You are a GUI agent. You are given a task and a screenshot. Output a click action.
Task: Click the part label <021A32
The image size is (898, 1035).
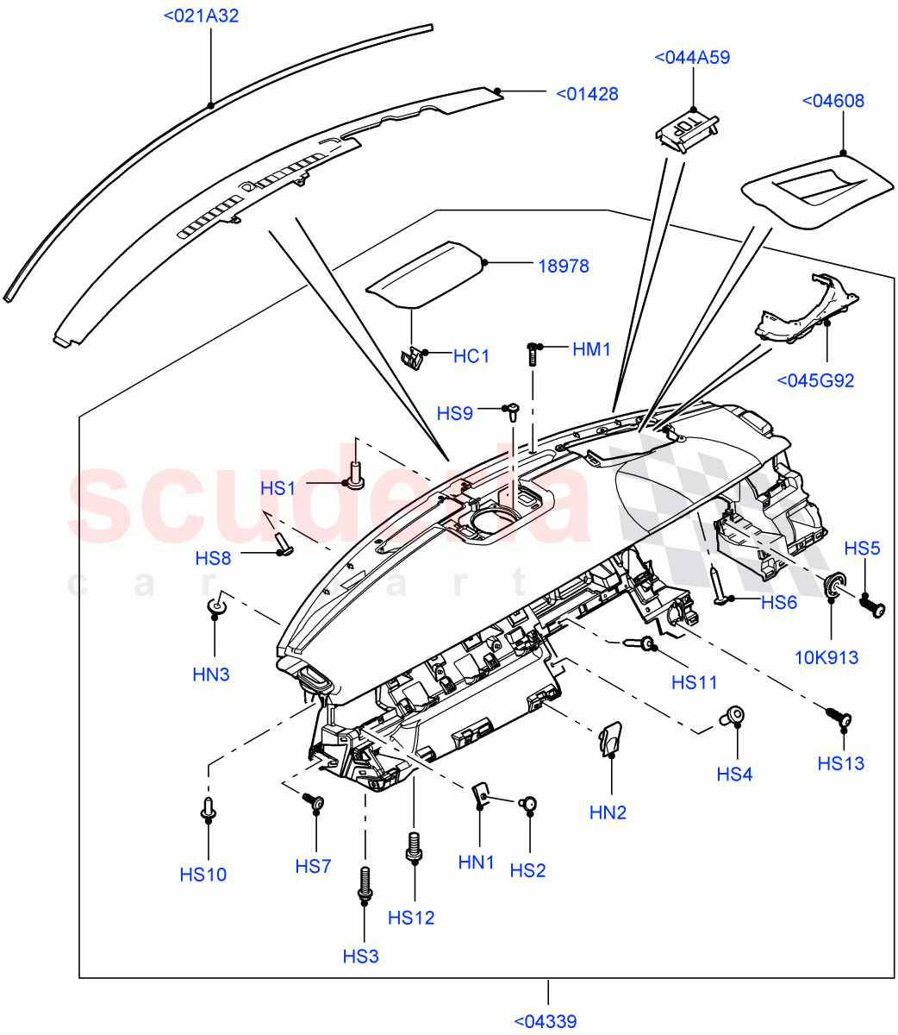201,16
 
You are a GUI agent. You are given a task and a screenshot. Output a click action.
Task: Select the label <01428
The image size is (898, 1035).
587,94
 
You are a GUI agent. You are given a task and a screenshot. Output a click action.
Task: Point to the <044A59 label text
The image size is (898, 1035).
692,58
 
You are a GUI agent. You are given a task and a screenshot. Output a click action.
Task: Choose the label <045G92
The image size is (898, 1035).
815,380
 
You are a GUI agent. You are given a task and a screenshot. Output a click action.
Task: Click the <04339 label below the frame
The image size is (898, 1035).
546,1022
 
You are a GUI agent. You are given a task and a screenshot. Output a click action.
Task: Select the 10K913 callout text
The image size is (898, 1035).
826,658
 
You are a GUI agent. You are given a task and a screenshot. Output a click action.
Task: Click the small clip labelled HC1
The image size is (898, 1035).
415,356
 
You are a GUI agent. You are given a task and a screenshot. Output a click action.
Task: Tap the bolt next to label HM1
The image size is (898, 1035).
533,352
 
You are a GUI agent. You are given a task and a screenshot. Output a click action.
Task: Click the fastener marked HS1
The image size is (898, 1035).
356,474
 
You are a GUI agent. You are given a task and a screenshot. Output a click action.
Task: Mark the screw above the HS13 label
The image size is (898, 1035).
839,716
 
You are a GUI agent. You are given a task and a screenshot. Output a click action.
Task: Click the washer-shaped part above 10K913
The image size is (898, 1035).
834,587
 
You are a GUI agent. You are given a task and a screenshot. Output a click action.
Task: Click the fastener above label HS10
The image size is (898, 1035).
208,807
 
